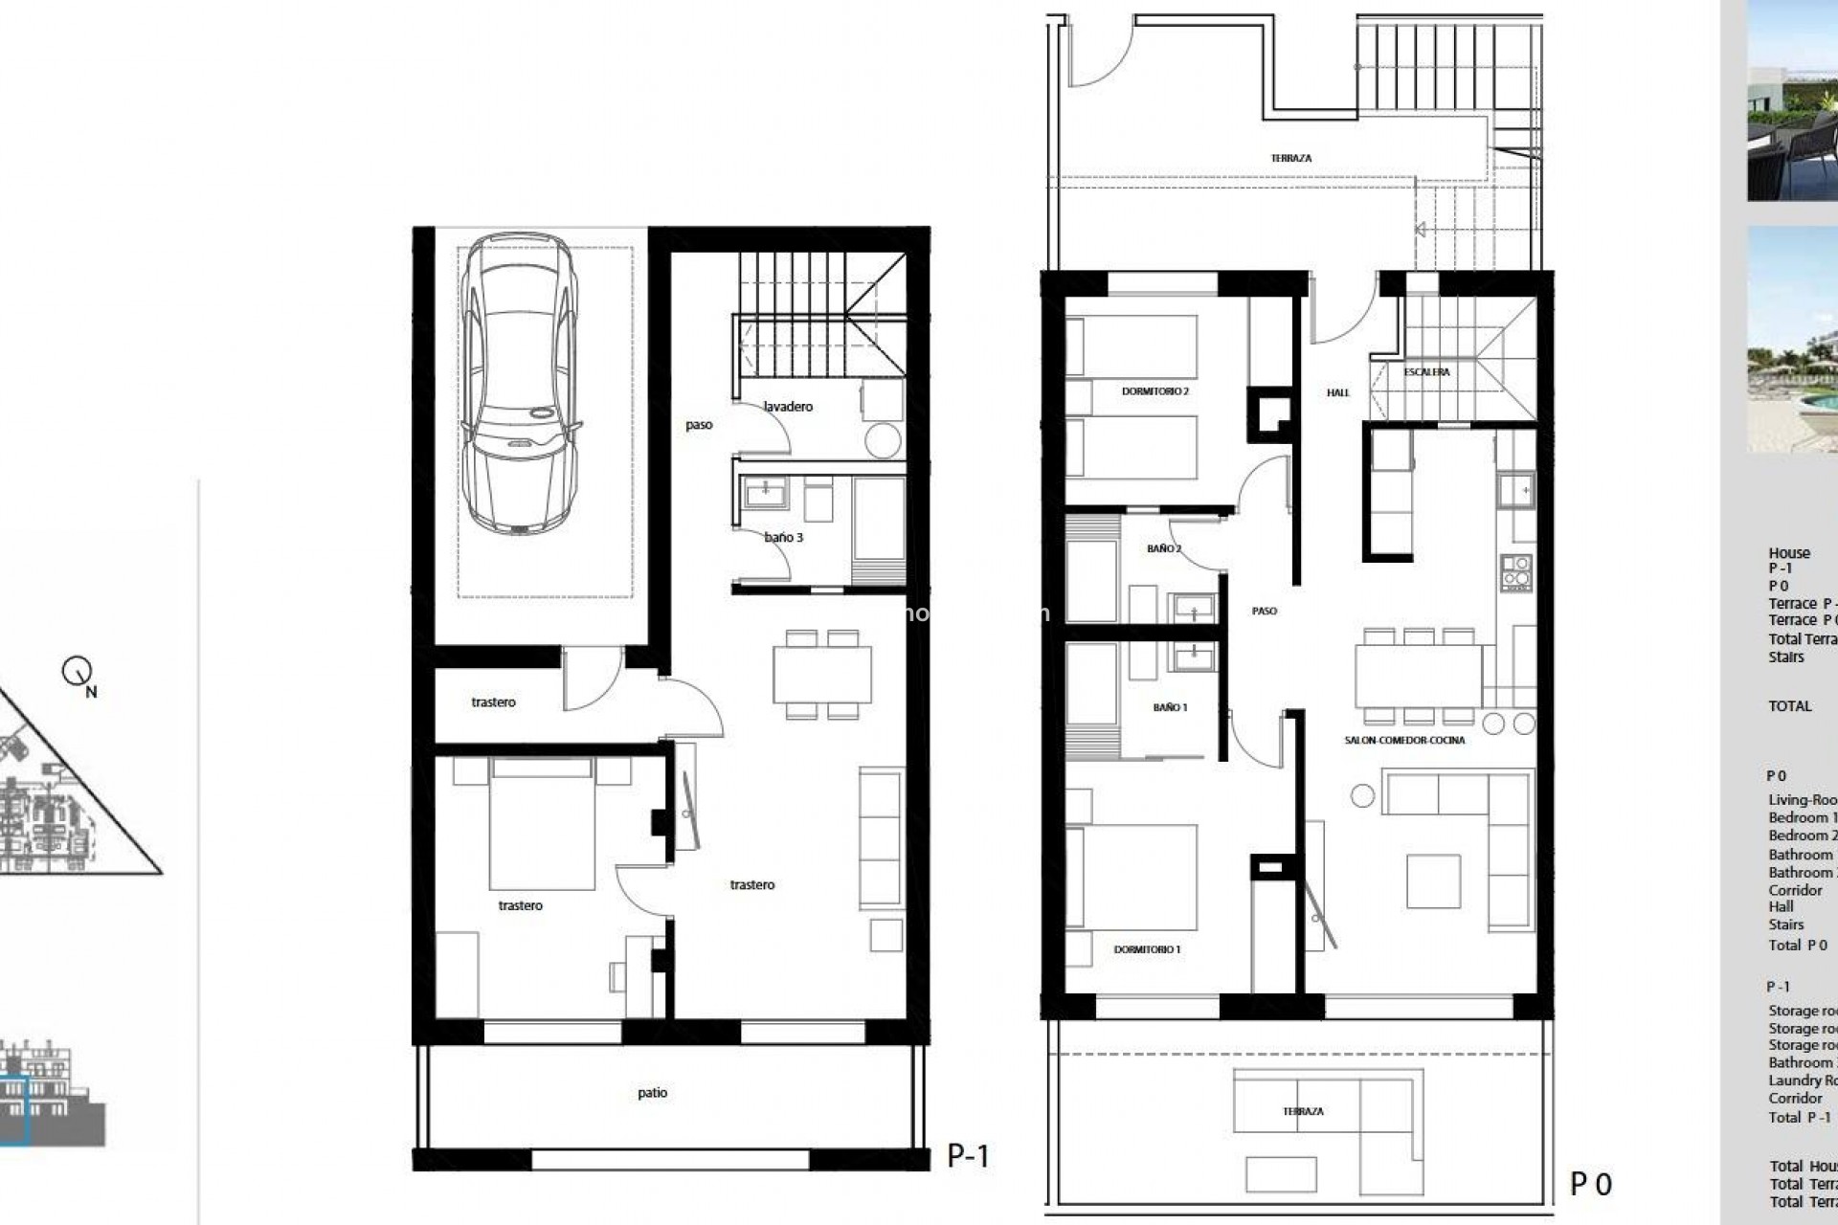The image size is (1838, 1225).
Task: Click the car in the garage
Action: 519,383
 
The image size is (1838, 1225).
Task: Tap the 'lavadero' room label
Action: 789,407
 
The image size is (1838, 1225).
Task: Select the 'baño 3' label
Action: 784,538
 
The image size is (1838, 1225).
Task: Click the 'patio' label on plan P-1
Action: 652,1093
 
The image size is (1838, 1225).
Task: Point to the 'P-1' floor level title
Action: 968,1156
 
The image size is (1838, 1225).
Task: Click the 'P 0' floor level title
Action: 1591,1185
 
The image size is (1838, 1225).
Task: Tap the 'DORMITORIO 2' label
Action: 1155,391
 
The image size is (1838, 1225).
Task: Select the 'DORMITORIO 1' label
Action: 1148,949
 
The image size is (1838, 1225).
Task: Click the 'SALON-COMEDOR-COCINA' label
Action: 1404,740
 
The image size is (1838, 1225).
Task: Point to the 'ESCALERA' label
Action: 1427,372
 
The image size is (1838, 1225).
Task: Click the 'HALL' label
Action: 1338,392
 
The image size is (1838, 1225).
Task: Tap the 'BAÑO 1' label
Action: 1170,707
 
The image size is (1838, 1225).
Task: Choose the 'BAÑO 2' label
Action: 1164,549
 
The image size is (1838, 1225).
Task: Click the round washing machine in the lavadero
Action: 882,440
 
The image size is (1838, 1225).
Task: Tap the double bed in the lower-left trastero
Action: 542,823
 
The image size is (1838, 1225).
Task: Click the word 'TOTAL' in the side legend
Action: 1790,706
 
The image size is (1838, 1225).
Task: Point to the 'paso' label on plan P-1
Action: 699,425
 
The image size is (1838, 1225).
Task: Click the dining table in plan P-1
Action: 823,674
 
